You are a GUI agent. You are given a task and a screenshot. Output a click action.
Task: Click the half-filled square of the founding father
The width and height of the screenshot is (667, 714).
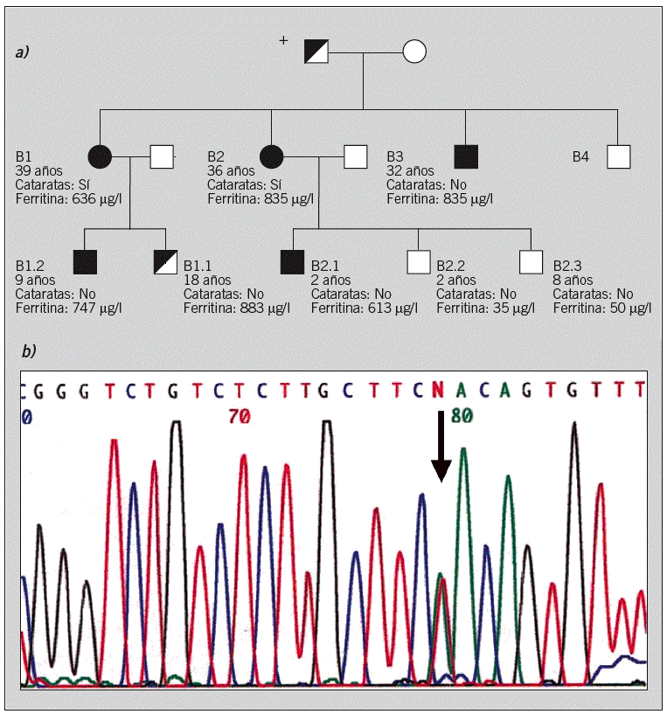[x=316, y=52]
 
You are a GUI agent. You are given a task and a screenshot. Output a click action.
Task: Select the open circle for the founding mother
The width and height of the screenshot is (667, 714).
[x=414, y=52]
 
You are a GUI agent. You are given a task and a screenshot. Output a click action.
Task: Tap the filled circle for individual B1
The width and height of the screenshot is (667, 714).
[x=101, y=157]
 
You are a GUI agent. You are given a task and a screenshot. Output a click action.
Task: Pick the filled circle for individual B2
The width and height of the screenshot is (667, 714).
[x=272, y=157]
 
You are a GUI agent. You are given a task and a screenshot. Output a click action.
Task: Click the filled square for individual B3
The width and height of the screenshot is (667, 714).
[x=467, y=157]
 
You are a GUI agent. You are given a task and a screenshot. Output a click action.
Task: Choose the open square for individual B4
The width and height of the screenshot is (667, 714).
[x=619, y=157]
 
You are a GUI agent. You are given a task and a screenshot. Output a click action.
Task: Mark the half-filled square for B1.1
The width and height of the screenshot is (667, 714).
[x=165, y=261]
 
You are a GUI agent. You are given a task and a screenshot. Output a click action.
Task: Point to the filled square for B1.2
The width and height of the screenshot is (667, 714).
[x=85, y=261]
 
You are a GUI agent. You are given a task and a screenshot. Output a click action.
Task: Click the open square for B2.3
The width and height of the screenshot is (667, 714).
[x=532, y=261]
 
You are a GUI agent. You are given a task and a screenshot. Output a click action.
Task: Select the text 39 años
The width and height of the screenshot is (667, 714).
[x=38, y=171]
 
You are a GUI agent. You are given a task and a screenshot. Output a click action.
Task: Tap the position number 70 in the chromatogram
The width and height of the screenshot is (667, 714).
[x=239, y=418]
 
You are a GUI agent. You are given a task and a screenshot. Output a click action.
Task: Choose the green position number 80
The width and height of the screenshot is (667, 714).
[x=461, y=417]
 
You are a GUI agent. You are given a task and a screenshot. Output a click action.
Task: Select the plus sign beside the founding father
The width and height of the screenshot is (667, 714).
[x=282, y=40]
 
